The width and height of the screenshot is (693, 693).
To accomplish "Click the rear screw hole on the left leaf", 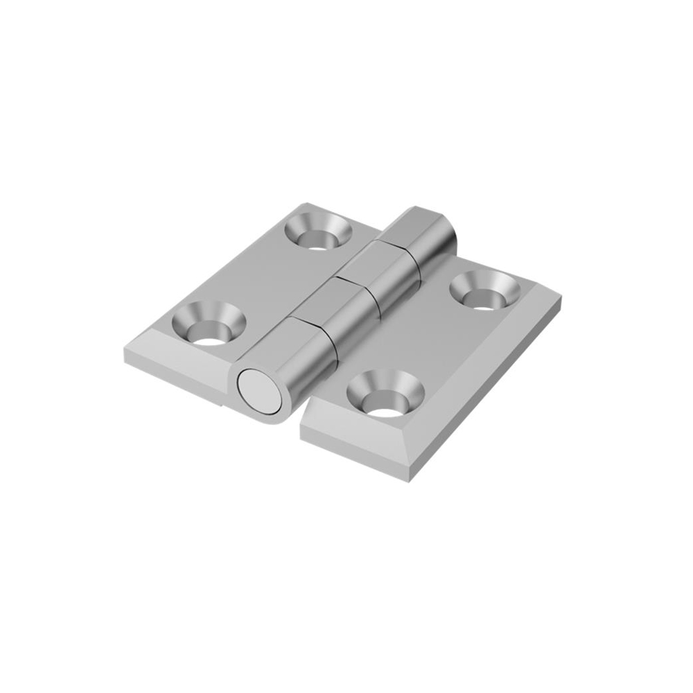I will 318,234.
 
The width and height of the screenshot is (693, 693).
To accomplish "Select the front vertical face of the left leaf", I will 173,374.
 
